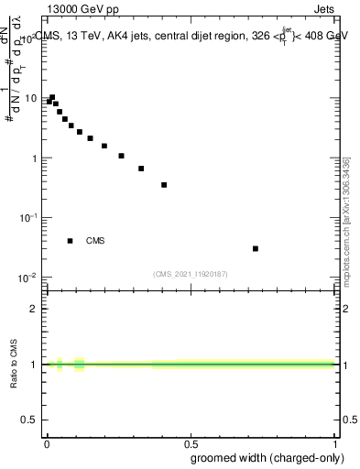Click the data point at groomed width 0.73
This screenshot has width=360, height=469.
(x=256, y=248)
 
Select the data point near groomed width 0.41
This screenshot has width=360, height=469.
(x=164, y=185)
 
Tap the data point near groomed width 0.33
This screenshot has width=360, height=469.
(x=141, y=169)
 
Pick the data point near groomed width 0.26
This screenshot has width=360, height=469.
(x=121, y=156)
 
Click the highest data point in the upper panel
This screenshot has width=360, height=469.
(x=52, y=97)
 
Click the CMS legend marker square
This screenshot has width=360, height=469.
(x=70, y=241)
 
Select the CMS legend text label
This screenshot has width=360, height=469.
(x=95, y=241)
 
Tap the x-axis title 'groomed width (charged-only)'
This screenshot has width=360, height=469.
(x=263, y=456)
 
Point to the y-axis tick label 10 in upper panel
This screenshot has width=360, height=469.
(x=31, y=99)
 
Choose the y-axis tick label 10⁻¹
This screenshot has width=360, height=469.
(x=29, y=218)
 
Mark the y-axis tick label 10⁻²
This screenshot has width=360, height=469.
(x=29, y=278)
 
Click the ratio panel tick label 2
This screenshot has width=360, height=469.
(x=34, y=309)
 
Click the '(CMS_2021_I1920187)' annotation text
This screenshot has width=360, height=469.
(x=191, y=274)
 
